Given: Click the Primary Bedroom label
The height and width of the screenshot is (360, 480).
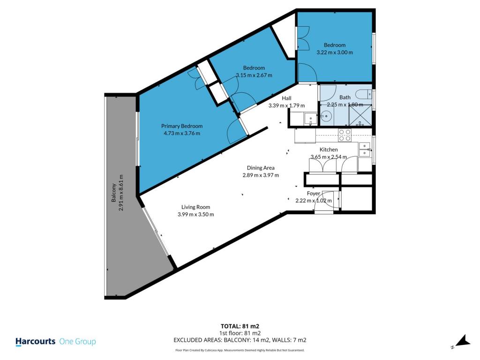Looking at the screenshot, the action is pos(182,126).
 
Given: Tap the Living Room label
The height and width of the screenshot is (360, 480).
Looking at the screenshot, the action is pos(195,207).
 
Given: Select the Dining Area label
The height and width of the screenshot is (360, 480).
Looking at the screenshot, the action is pos(261,168).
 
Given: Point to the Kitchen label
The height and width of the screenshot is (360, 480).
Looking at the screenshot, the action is pos(329,150).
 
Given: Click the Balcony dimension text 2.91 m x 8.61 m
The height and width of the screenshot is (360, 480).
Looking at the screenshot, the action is pos(121,193).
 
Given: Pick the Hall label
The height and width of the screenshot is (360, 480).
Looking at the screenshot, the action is pos(286,98).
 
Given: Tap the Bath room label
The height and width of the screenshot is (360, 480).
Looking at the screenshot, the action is pos(345,97).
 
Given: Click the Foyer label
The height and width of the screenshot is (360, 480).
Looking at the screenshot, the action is pos(314,194).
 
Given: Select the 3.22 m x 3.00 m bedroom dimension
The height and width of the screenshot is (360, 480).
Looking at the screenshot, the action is pos(335,52).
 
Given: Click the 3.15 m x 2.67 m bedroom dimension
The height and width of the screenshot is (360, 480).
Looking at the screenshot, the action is pos(254,75).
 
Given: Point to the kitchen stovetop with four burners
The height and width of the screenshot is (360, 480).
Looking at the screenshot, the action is pos(345,135).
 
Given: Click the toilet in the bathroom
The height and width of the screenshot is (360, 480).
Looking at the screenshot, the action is pos(365,94).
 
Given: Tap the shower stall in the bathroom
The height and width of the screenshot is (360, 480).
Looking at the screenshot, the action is pos(361,115).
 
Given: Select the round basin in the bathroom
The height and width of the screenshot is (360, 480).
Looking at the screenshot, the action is pos(327,116).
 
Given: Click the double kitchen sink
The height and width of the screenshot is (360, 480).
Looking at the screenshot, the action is pos(365,150).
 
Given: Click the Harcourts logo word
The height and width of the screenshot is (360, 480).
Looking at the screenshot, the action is pos(36,342).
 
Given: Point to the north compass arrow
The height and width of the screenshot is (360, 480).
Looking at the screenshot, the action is pos(463,341).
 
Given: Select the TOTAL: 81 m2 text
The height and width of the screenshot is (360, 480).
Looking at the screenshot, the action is pos(240,326).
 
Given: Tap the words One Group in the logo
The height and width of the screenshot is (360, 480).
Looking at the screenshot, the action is pos(77,342).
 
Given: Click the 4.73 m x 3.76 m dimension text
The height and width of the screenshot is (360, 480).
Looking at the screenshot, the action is pos(182,134).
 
